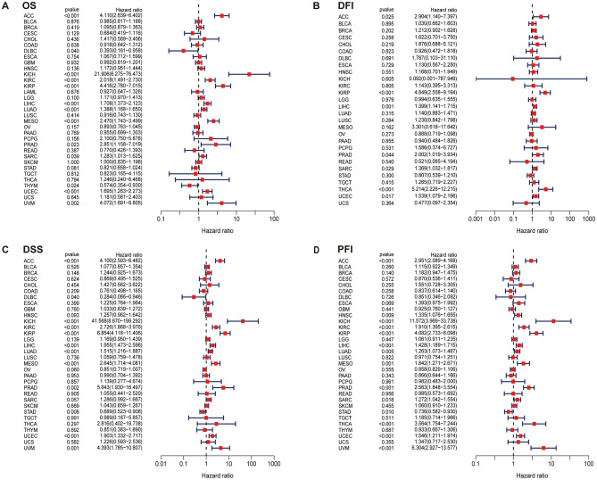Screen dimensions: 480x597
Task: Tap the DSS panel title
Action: pyautogui.click(x=31, y=250)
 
